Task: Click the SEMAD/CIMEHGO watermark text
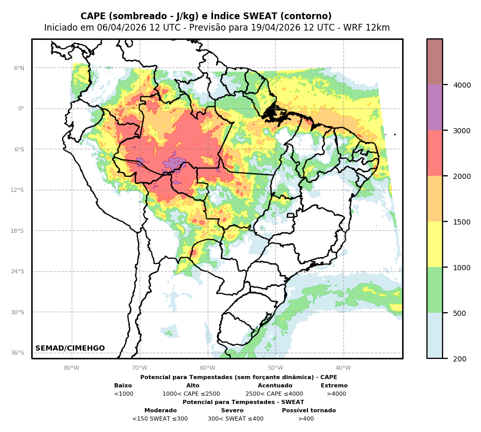[70, 349]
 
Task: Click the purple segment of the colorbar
[435, 107]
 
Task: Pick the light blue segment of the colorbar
[435, 335]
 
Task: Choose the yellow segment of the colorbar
[435, 244]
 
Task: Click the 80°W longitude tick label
[71, 368]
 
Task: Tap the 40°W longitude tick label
[343, 368]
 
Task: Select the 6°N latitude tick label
[19, 68]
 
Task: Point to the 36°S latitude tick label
[18, 353]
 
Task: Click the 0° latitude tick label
[21, 108]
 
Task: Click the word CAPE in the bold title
[93, 17]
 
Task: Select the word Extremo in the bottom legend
[334, 386]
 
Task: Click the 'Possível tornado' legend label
[309, 411]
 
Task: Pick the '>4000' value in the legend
[336, 394]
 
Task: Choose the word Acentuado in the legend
[275, 386]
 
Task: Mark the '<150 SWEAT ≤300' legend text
[160, 419]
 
